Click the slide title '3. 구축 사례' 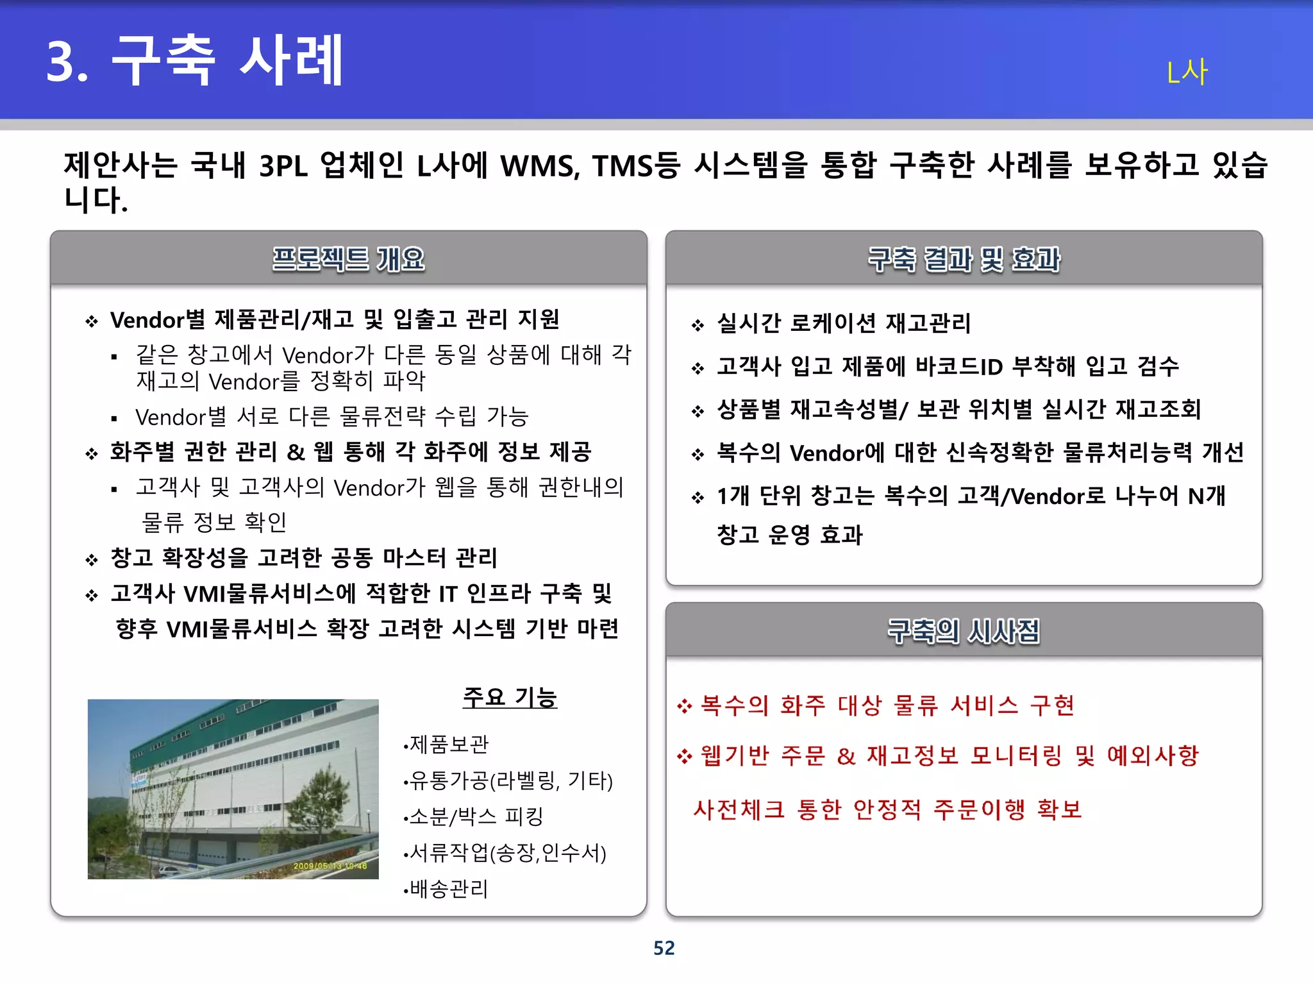point(196,61)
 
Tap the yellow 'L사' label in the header point(1187,72)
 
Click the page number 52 point(664,948)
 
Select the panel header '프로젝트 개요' point(348,259)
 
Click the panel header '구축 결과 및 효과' point(964,259)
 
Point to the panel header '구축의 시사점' point(964,631)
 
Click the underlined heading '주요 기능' point(510,697)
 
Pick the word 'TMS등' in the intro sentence point(635,165)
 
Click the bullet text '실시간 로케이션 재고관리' point(844,323)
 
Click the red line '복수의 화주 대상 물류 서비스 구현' point(887,705)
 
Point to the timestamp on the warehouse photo point(330,866)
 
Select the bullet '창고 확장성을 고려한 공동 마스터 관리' point(304,557)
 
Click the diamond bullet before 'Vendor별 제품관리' point(92,321)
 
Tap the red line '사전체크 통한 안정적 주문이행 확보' point(887,809)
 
